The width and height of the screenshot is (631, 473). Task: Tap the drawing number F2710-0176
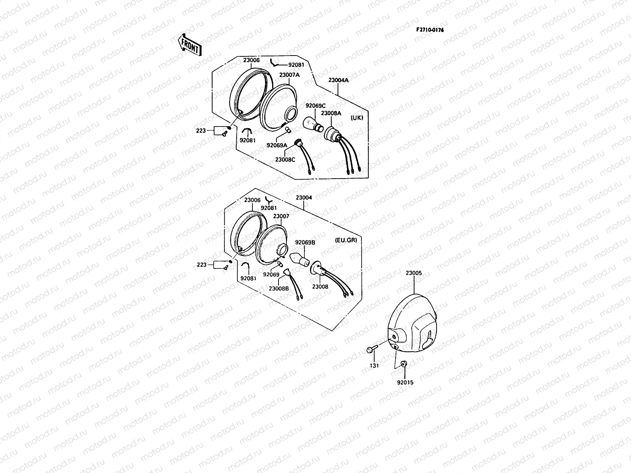[x=429, y=30]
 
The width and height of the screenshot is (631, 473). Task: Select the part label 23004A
[x=338, y=80]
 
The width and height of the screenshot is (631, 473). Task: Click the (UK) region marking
[x=357, y=118]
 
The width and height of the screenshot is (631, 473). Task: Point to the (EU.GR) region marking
[x=345, y=240]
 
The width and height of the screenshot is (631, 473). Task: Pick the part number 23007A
[x=289, y=75]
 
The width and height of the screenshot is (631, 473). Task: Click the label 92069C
[x=315, y=105]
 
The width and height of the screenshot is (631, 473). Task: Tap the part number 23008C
[x=286, y=160]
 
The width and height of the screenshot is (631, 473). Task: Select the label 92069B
[x=305, y=243]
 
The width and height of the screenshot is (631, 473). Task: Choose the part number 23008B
[x=279, y=288]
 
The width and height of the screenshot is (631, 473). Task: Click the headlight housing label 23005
[x=413, y=273]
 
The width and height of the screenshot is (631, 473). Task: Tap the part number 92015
[x=405, y=382]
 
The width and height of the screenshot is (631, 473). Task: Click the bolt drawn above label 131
[x=372, y=349]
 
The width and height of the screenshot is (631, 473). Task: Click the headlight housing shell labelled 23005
[x=414, y=323]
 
